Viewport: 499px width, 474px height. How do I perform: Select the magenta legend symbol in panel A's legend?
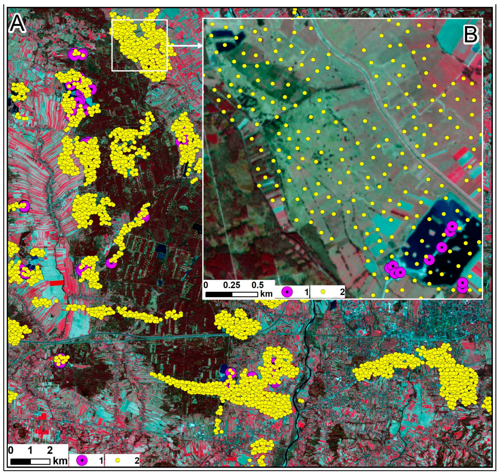click(x=82, y=461)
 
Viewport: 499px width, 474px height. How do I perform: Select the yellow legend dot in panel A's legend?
click(x=117, y=461)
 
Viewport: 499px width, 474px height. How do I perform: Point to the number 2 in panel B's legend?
click(x=342, y=292)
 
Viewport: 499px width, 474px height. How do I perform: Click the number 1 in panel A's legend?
click(x=101, y=461)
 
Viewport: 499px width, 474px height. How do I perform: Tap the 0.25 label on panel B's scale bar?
click(x=231, y=285)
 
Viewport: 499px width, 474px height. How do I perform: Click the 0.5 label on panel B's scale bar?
click(x=257, y=285)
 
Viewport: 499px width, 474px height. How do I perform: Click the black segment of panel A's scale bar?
click(x=21, y=461)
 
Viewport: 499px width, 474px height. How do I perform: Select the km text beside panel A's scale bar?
click(x=60, y=461)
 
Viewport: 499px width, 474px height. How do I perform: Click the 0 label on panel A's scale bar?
click(x=11, y=450)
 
